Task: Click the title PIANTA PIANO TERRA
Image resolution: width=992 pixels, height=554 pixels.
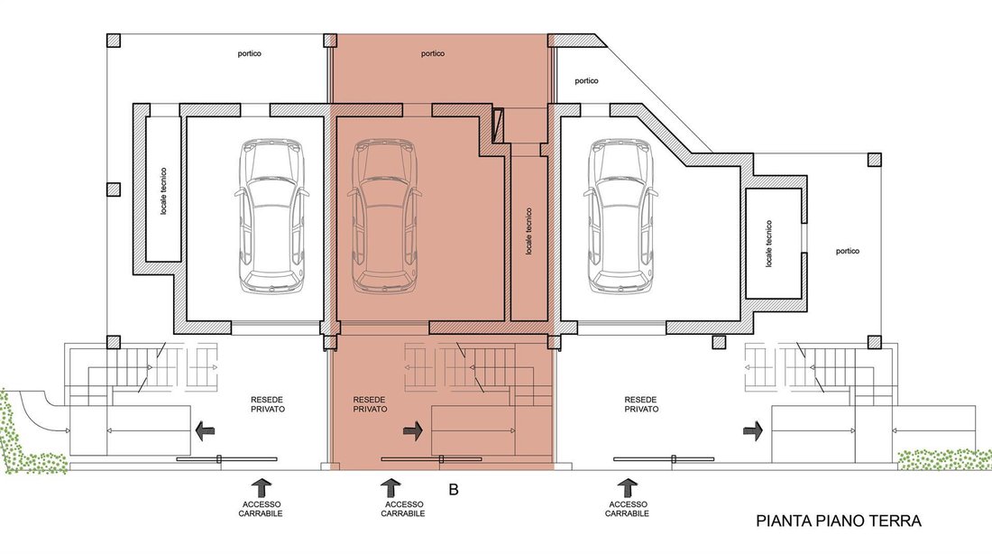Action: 839,522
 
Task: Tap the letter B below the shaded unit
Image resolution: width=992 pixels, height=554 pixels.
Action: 453,489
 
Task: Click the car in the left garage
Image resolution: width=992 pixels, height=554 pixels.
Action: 271,216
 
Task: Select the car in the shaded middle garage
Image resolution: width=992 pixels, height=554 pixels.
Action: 385,216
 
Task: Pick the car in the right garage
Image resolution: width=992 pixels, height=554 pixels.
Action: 620,216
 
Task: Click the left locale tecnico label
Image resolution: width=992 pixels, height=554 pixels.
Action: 164,191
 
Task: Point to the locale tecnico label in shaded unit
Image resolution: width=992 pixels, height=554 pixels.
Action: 528,231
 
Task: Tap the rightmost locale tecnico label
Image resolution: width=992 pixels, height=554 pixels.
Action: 768,244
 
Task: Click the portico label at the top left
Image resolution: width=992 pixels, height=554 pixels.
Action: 249,54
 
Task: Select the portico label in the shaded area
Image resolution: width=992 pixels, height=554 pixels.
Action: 433,54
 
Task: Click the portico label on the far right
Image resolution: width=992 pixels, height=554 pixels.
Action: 848,252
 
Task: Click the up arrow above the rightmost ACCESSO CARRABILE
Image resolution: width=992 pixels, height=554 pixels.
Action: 627,487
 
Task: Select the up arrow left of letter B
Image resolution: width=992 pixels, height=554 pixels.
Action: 390,487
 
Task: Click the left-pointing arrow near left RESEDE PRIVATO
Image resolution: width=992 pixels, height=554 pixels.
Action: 205,432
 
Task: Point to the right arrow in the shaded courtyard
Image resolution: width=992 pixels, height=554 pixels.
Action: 412,432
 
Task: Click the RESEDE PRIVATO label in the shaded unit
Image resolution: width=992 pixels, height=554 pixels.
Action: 370,404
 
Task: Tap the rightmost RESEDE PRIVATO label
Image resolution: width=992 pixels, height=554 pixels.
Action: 641,404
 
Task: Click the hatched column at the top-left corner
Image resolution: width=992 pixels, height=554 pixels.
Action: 114,40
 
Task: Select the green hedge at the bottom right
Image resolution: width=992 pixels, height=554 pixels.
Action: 945,459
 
